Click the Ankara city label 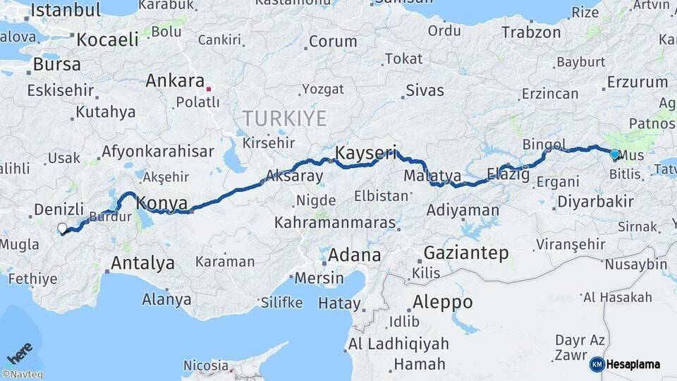(175, 80)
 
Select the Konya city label (161, 202)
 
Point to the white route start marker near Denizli (62, 228)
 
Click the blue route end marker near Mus (614, 154)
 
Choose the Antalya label (142, 264)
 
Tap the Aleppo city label (442, 302)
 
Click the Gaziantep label (466, 253)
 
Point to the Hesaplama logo (625, 364)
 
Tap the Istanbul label (65, 10)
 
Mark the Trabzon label (531, 32)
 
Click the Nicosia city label (206, 365)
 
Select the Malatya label (433, 175)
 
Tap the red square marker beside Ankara (208, 90)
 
